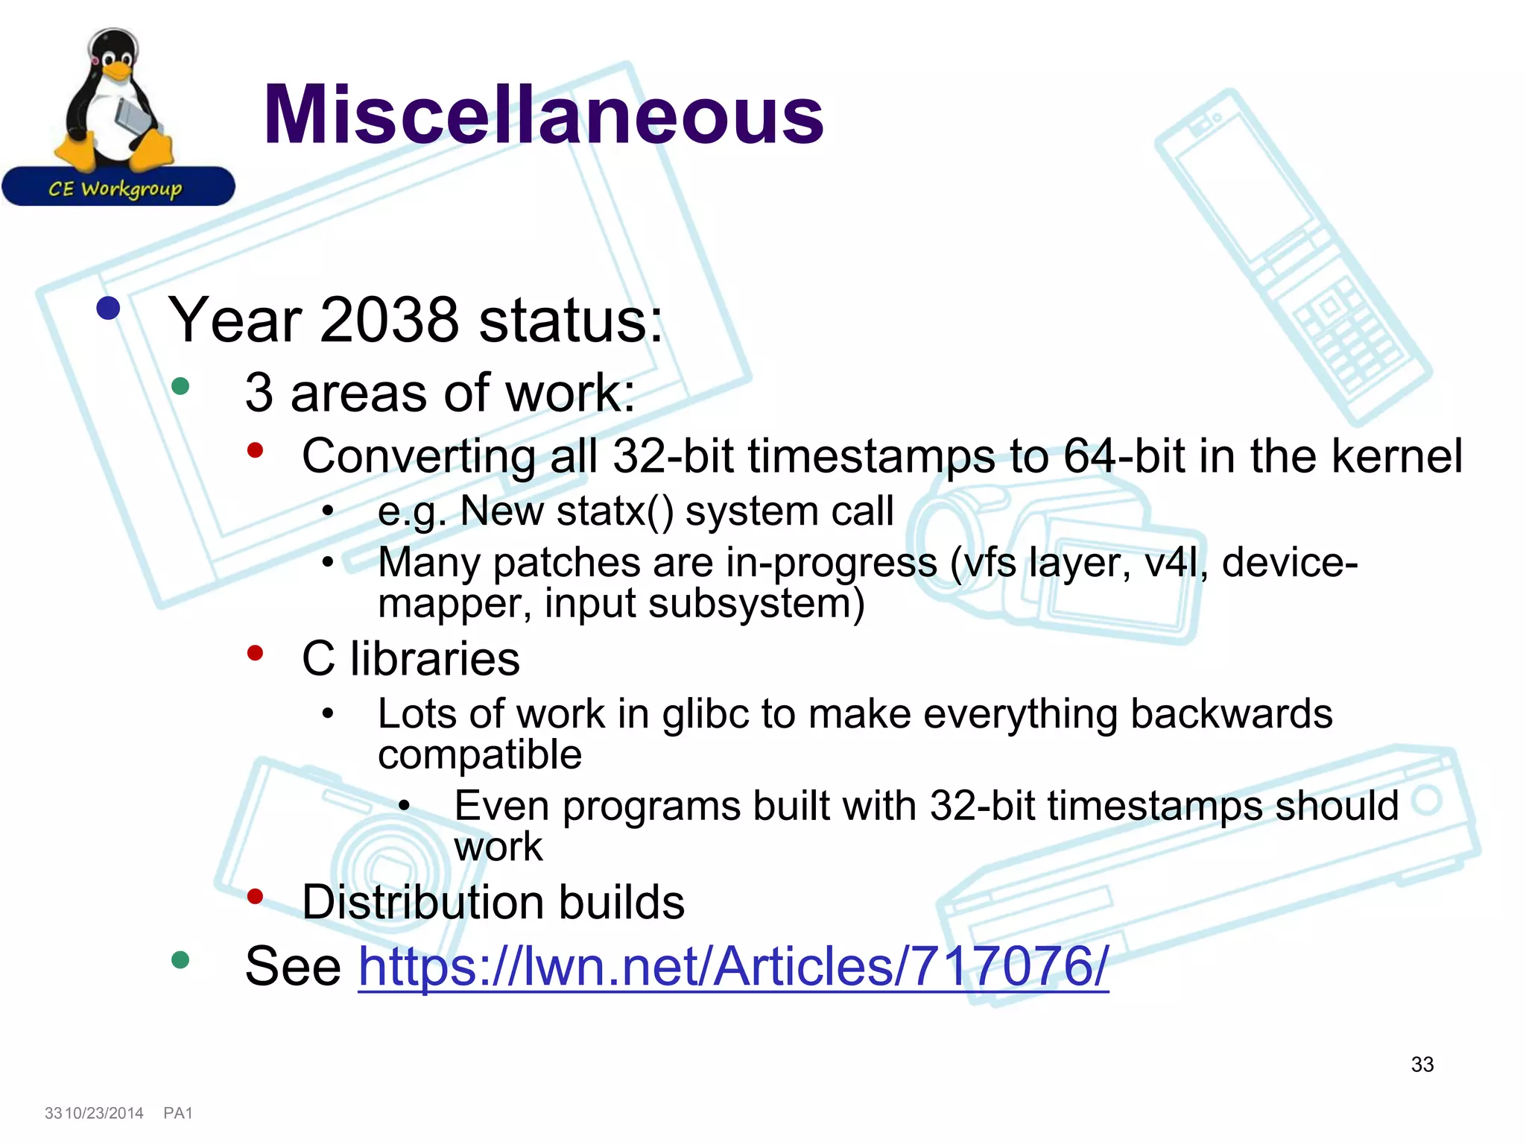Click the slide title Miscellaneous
point(543,116)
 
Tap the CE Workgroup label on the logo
point(115,189)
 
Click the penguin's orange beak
point(116,72)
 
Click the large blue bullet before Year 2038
point(109,309)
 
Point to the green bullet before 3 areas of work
point(180,386)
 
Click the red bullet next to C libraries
point(256,654)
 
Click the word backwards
point(1231,714)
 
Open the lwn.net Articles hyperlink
point(733,967)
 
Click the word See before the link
point(293,967)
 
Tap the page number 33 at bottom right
point(1422,1064)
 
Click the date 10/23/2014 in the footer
point(104,1113)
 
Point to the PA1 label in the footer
point(178,1113)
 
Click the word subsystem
point(756,603)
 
